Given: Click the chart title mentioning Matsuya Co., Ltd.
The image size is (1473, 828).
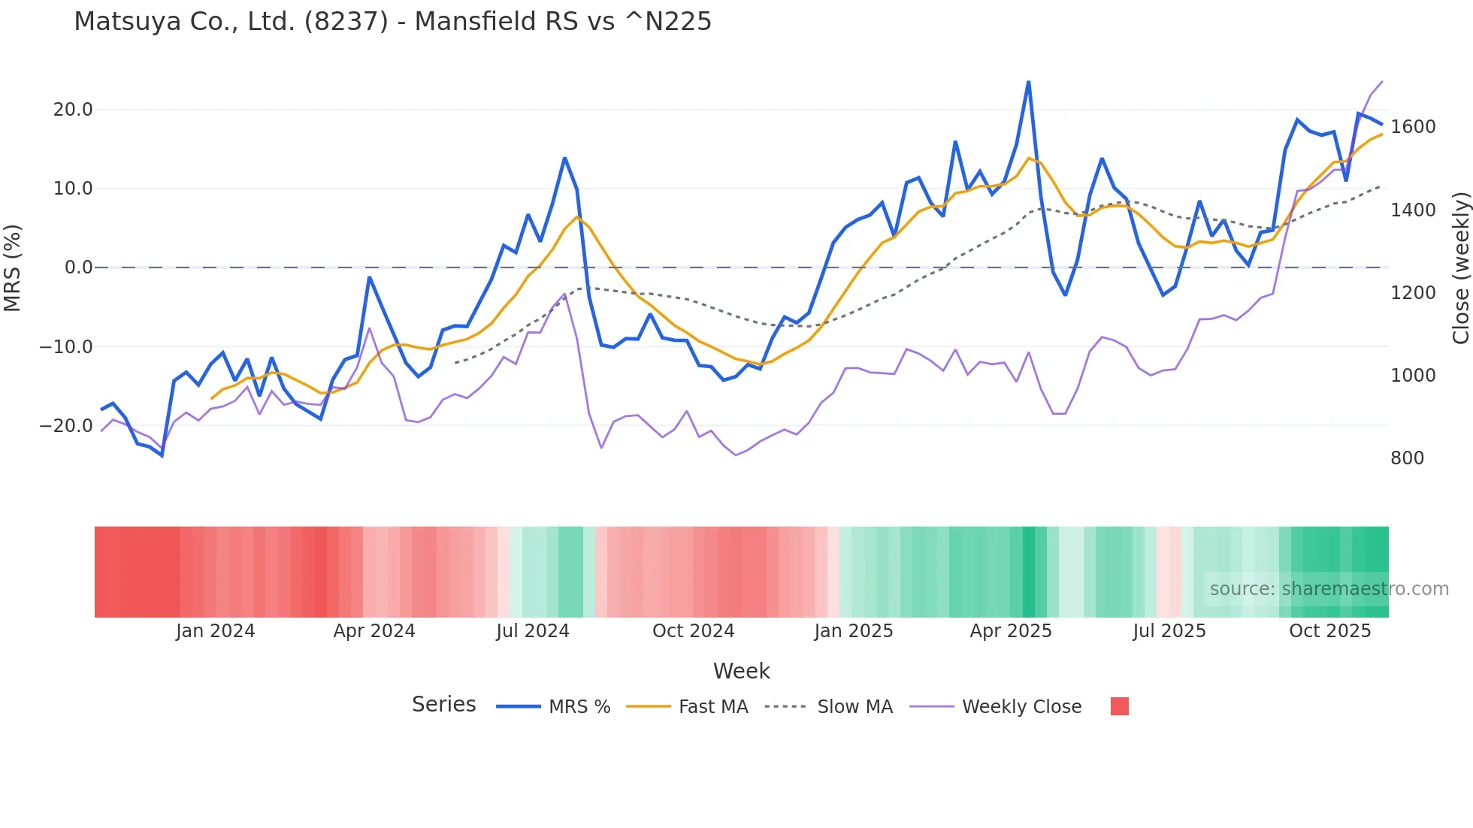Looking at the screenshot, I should pyautogui.click(x=392, y=22).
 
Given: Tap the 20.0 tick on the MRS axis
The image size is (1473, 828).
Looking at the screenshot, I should pyautogui.click(x=73, y=110).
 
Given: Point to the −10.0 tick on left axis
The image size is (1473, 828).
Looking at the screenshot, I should pyautogui.click(x=66, y=347).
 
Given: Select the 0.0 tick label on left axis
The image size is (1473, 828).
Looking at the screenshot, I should pyautogui.click(x=78, y=267).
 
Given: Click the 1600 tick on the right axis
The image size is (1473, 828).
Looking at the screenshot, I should pyautogui.click(x=1413, y=127).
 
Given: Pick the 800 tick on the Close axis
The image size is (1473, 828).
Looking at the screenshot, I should pyautogui.click(x=1407, y=458).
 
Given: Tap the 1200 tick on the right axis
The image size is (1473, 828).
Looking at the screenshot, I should pyautogui.click(x=1413, y=293).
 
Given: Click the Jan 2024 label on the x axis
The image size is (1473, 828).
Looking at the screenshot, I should pyautogui.click(x=216, y=631).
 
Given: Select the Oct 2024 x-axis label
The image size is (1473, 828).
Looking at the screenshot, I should pyautogui.click(x=693, y=631).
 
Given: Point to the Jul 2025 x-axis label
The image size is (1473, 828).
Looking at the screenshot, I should pyautogui.click(x=1169, y=631).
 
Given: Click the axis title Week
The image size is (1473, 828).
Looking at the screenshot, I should pyautogui.click(x=741, y=671).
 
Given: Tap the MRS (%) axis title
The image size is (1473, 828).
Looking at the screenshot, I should pyautogui.click(x=13, y=267).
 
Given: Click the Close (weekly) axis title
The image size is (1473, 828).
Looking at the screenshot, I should pyautogui.click(x=1460, y=267).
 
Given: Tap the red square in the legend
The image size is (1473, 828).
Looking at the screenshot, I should pyautogui.click(x=1119, y=706).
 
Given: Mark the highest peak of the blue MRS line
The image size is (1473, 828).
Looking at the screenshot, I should pyautogui.click(x=1028, y=82).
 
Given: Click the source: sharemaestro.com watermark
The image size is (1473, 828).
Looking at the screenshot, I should pyautogui.click(x=1329, y=589).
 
